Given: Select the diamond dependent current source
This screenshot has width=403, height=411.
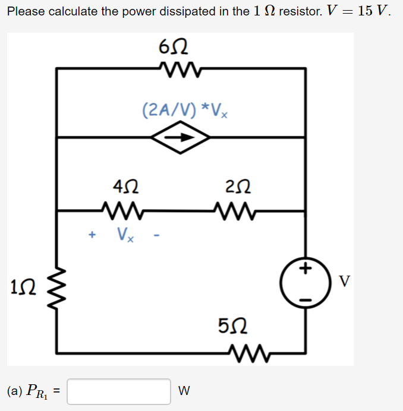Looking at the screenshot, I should click(181, 138).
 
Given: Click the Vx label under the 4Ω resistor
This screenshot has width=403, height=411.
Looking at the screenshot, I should click(125, 235).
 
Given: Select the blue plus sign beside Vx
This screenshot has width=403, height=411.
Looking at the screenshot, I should click(92, 235).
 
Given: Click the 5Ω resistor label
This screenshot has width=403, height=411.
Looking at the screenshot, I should click(230, 326).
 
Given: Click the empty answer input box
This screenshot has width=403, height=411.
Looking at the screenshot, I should click(119, 391).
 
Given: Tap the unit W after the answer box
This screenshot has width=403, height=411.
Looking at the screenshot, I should click(184, 391).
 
